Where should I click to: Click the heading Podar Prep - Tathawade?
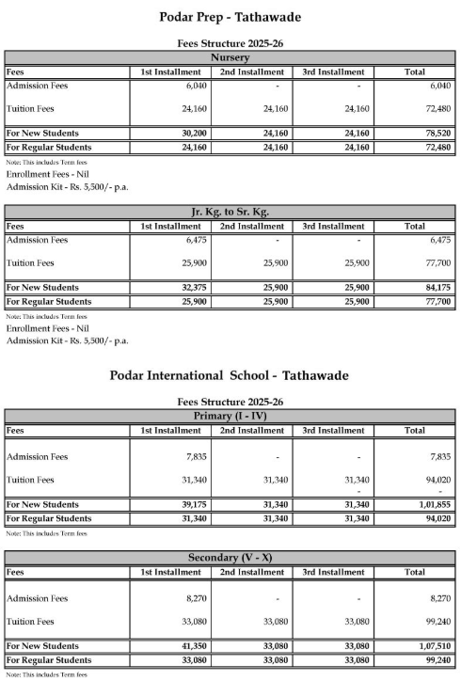[x=230, y=17]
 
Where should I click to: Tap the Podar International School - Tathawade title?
[x=230, y=374]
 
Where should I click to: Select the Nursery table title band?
[x=230, y=57]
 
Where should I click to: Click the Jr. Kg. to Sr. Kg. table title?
[x=230, y=212]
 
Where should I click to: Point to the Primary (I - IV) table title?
[x=230, y=416]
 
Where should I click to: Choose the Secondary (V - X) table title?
[x=230, y=558]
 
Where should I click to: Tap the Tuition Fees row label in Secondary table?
[x=32, y=622]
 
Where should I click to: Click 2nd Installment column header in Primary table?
[x=251, y=430]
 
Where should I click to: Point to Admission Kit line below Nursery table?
[x=67, y=186]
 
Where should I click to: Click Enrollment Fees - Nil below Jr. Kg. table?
[x=47, y=328]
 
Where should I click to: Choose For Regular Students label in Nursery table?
[x=49, y=148]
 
